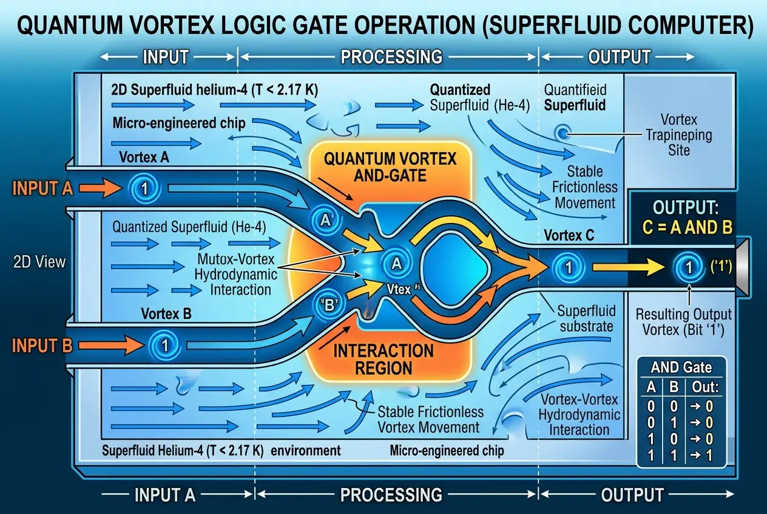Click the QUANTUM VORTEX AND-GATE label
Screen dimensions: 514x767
click(390, 168)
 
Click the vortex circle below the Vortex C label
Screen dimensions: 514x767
click(567, 265)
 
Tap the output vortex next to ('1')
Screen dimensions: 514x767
click(688, 265)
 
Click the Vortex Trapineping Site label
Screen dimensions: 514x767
click(679, 134)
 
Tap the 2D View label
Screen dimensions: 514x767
click(38, 262)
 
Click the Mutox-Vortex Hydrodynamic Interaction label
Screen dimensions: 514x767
click(237, 275)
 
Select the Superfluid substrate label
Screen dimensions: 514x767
click(586, 319)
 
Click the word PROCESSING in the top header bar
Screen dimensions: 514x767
click(391, 57)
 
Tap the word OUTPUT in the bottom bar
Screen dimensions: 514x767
click(632, 495)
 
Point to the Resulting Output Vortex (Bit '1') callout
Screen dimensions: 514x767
click(683, 322)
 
